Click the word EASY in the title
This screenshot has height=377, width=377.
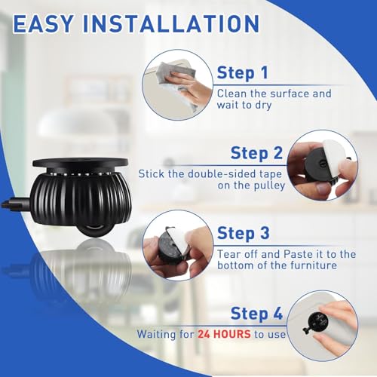[43, 23]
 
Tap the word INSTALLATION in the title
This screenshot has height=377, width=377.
[171, 23]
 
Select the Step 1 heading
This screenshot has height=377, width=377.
[242, 73]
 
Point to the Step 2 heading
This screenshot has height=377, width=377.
[256, 153]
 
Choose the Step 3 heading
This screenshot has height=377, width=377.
[244, 233]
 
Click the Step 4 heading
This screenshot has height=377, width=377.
[256, 314]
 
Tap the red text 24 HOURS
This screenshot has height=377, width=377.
[224, 334]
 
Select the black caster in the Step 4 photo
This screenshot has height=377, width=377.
[317, 322]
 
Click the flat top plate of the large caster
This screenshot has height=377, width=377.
[80, 162]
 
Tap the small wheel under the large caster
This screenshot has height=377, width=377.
[93, 231]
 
